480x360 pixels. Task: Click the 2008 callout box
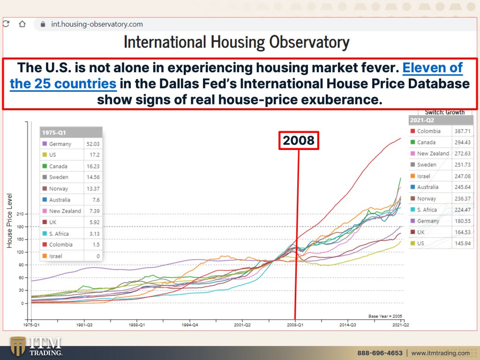pos(299,141)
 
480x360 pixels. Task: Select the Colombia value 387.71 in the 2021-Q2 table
pos(462,131)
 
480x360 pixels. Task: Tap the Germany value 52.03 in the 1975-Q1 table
pos(93,144)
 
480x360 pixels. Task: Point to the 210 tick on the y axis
pos(20,214)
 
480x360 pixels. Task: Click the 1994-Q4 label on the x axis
pos(190,324)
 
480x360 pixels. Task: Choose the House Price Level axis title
pos(9,220)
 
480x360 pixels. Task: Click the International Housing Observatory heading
pos(237,42)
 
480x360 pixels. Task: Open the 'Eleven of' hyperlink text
pos(432,67)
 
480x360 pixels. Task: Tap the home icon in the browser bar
pos(22,24)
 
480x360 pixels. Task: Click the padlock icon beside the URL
pos(43,24)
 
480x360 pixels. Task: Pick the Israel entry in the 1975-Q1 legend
pos(52,256)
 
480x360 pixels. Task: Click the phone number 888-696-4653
pos(380,353)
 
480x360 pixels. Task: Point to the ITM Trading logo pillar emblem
pos(18,346)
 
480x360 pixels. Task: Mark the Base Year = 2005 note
pos(385,316)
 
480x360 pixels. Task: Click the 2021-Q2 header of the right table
pos(422,120)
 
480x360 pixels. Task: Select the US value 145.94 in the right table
pos(462,243)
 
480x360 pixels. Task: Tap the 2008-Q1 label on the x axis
pos(295,324)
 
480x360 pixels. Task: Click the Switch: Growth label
pos(444,112)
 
